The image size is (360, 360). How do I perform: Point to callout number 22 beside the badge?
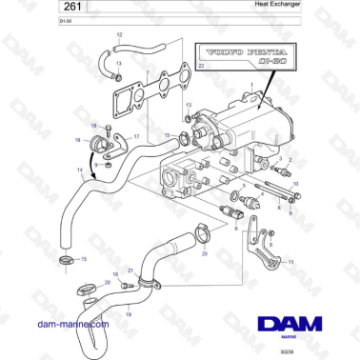coord(201,65)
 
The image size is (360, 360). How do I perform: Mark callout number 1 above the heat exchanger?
coord(250,87)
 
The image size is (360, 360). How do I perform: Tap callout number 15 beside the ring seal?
coord(84,258)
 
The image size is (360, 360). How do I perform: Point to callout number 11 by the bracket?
coord(291,260)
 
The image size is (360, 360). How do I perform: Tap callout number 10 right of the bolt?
coord(295,182)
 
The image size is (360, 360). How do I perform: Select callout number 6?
coord(236,229)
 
